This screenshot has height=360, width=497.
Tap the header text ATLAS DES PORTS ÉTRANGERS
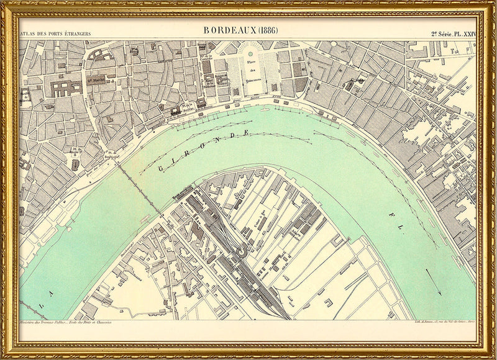(56, 33)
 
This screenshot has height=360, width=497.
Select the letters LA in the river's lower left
(46, 304)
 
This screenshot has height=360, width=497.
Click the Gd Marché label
(95, 79)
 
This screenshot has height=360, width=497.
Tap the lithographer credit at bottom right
(444, 323)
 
